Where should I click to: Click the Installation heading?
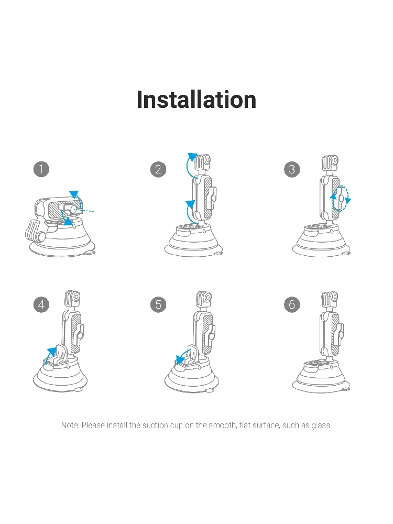[x=196, y=100]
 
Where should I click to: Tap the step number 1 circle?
[x=41, y=169]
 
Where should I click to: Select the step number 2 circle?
[x=158, y=169]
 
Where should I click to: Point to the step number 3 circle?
[x=292, y=169]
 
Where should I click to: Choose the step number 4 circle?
[x=41, y=304]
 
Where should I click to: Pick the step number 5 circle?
[x=158, y=304]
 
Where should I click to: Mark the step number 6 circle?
[x=292, y=304]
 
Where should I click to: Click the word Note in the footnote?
[x=70, y=425]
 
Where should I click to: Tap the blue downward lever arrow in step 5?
[x=182, y=356]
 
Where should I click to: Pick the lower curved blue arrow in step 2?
[x=188, y=211]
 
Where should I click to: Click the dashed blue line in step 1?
[x=85, y=211]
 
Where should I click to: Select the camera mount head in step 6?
[x=330, y=300]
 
